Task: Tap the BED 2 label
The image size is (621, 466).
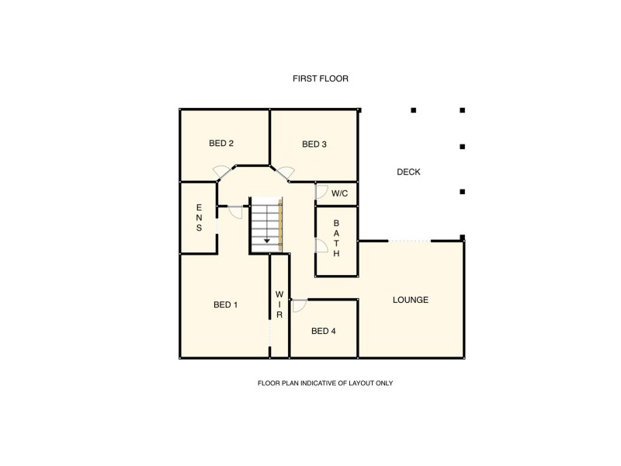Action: tap(221, 143)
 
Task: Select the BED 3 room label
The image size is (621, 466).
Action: tap(314, 144)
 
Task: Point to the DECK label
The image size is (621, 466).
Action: tap(408, 172)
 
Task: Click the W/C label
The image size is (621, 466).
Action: tap(339, 193)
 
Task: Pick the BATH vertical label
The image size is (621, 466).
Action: tap(336, 238)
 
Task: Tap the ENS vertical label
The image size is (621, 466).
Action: tap(199, 218)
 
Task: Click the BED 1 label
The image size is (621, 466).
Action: tap(225, 305)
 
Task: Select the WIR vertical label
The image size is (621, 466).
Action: tap(279, 304)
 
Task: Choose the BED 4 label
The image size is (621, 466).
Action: tap(324, 332)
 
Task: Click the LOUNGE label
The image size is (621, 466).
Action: tap(411, 300)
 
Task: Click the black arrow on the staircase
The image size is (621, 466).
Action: tap(267, 241)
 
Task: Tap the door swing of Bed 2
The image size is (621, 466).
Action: tap(222, 170)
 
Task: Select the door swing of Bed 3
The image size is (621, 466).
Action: tap(285, 171)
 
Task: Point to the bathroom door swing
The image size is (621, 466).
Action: tap(321, 246)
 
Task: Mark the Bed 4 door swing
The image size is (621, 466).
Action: tap(299, 305)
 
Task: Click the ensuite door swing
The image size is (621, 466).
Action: tap(235, 211)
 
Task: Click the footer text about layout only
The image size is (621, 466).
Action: tap(320, 384)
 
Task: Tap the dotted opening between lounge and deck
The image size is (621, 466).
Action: tap(409, 241)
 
